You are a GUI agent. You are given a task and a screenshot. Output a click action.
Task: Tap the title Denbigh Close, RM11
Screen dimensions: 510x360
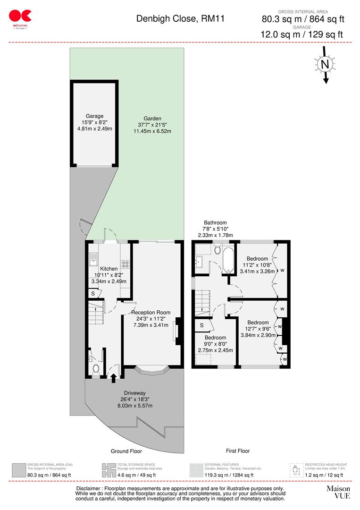(x=180, y=19)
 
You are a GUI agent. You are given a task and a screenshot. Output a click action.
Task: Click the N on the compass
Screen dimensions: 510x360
(x=324, y=64)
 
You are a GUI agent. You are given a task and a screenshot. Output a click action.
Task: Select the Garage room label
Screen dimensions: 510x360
(x=94, y=116)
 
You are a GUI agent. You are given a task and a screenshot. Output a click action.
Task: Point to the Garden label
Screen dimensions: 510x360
(x=152, y=119)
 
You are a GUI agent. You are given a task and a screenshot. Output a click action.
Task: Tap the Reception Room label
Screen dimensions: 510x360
(x=151, y=312)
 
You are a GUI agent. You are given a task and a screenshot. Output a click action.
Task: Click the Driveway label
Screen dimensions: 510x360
(x=134, y=393)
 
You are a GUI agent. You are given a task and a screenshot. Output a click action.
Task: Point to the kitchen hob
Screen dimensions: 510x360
(x=125, y=265)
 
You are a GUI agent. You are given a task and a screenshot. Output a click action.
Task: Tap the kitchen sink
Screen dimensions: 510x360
(x=94, y=258)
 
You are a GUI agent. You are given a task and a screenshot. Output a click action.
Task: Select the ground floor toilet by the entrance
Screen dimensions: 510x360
(x=96, y=368)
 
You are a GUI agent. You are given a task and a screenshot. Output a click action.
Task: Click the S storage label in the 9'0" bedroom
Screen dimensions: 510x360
(x=202, y=325)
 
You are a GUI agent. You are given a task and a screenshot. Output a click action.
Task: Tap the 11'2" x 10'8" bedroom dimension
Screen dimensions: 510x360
(x=258, y=265)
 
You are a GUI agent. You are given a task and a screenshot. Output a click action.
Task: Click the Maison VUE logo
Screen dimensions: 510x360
(x=339, y=492)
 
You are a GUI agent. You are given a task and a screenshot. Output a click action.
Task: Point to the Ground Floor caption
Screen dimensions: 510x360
(x=126, y=451)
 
